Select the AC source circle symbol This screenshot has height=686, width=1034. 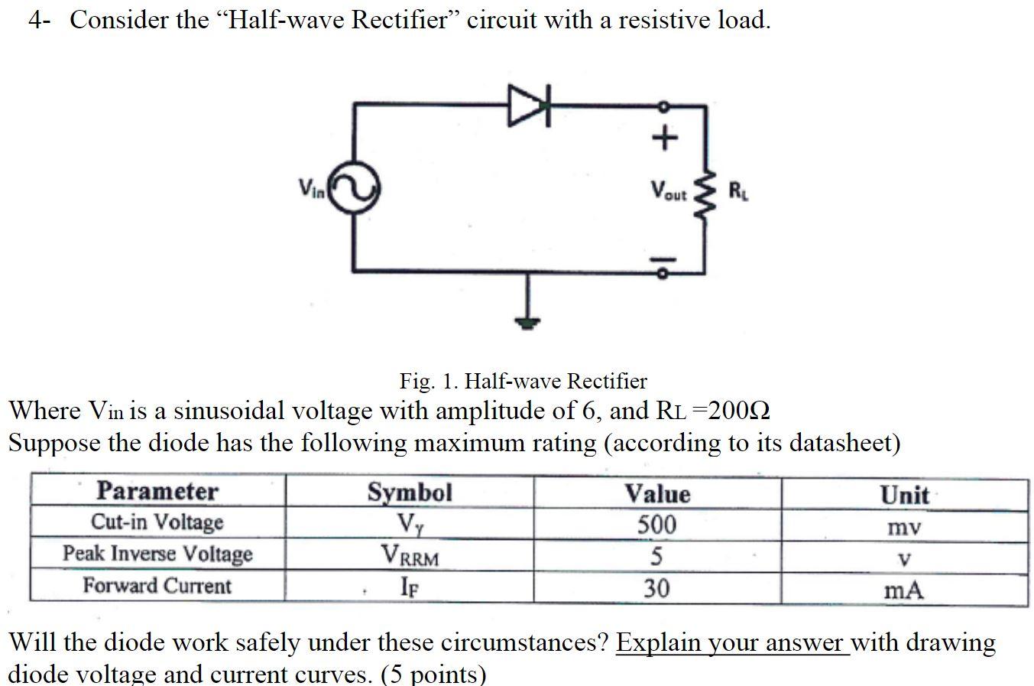coord(354,187)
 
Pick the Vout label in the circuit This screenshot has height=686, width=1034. coord(669,191)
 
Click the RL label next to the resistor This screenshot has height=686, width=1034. coord(739,190)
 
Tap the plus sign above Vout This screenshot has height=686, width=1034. coord(664,138)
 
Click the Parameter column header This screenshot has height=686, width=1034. coord(157,491)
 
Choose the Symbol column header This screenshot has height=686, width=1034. coord(410,492)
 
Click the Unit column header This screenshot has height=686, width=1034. coord(905,495)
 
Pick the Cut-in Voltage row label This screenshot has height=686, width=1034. coord(157,522)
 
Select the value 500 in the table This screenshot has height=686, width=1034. coord(657,525)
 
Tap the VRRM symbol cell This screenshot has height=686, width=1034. coord(410,555)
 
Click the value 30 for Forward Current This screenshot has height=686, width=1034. coord(656,588)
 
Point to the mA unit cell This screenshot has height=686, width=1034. coord(904,590)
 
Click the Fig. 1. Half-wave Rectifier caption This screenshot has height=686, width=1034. coord(523,381)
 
